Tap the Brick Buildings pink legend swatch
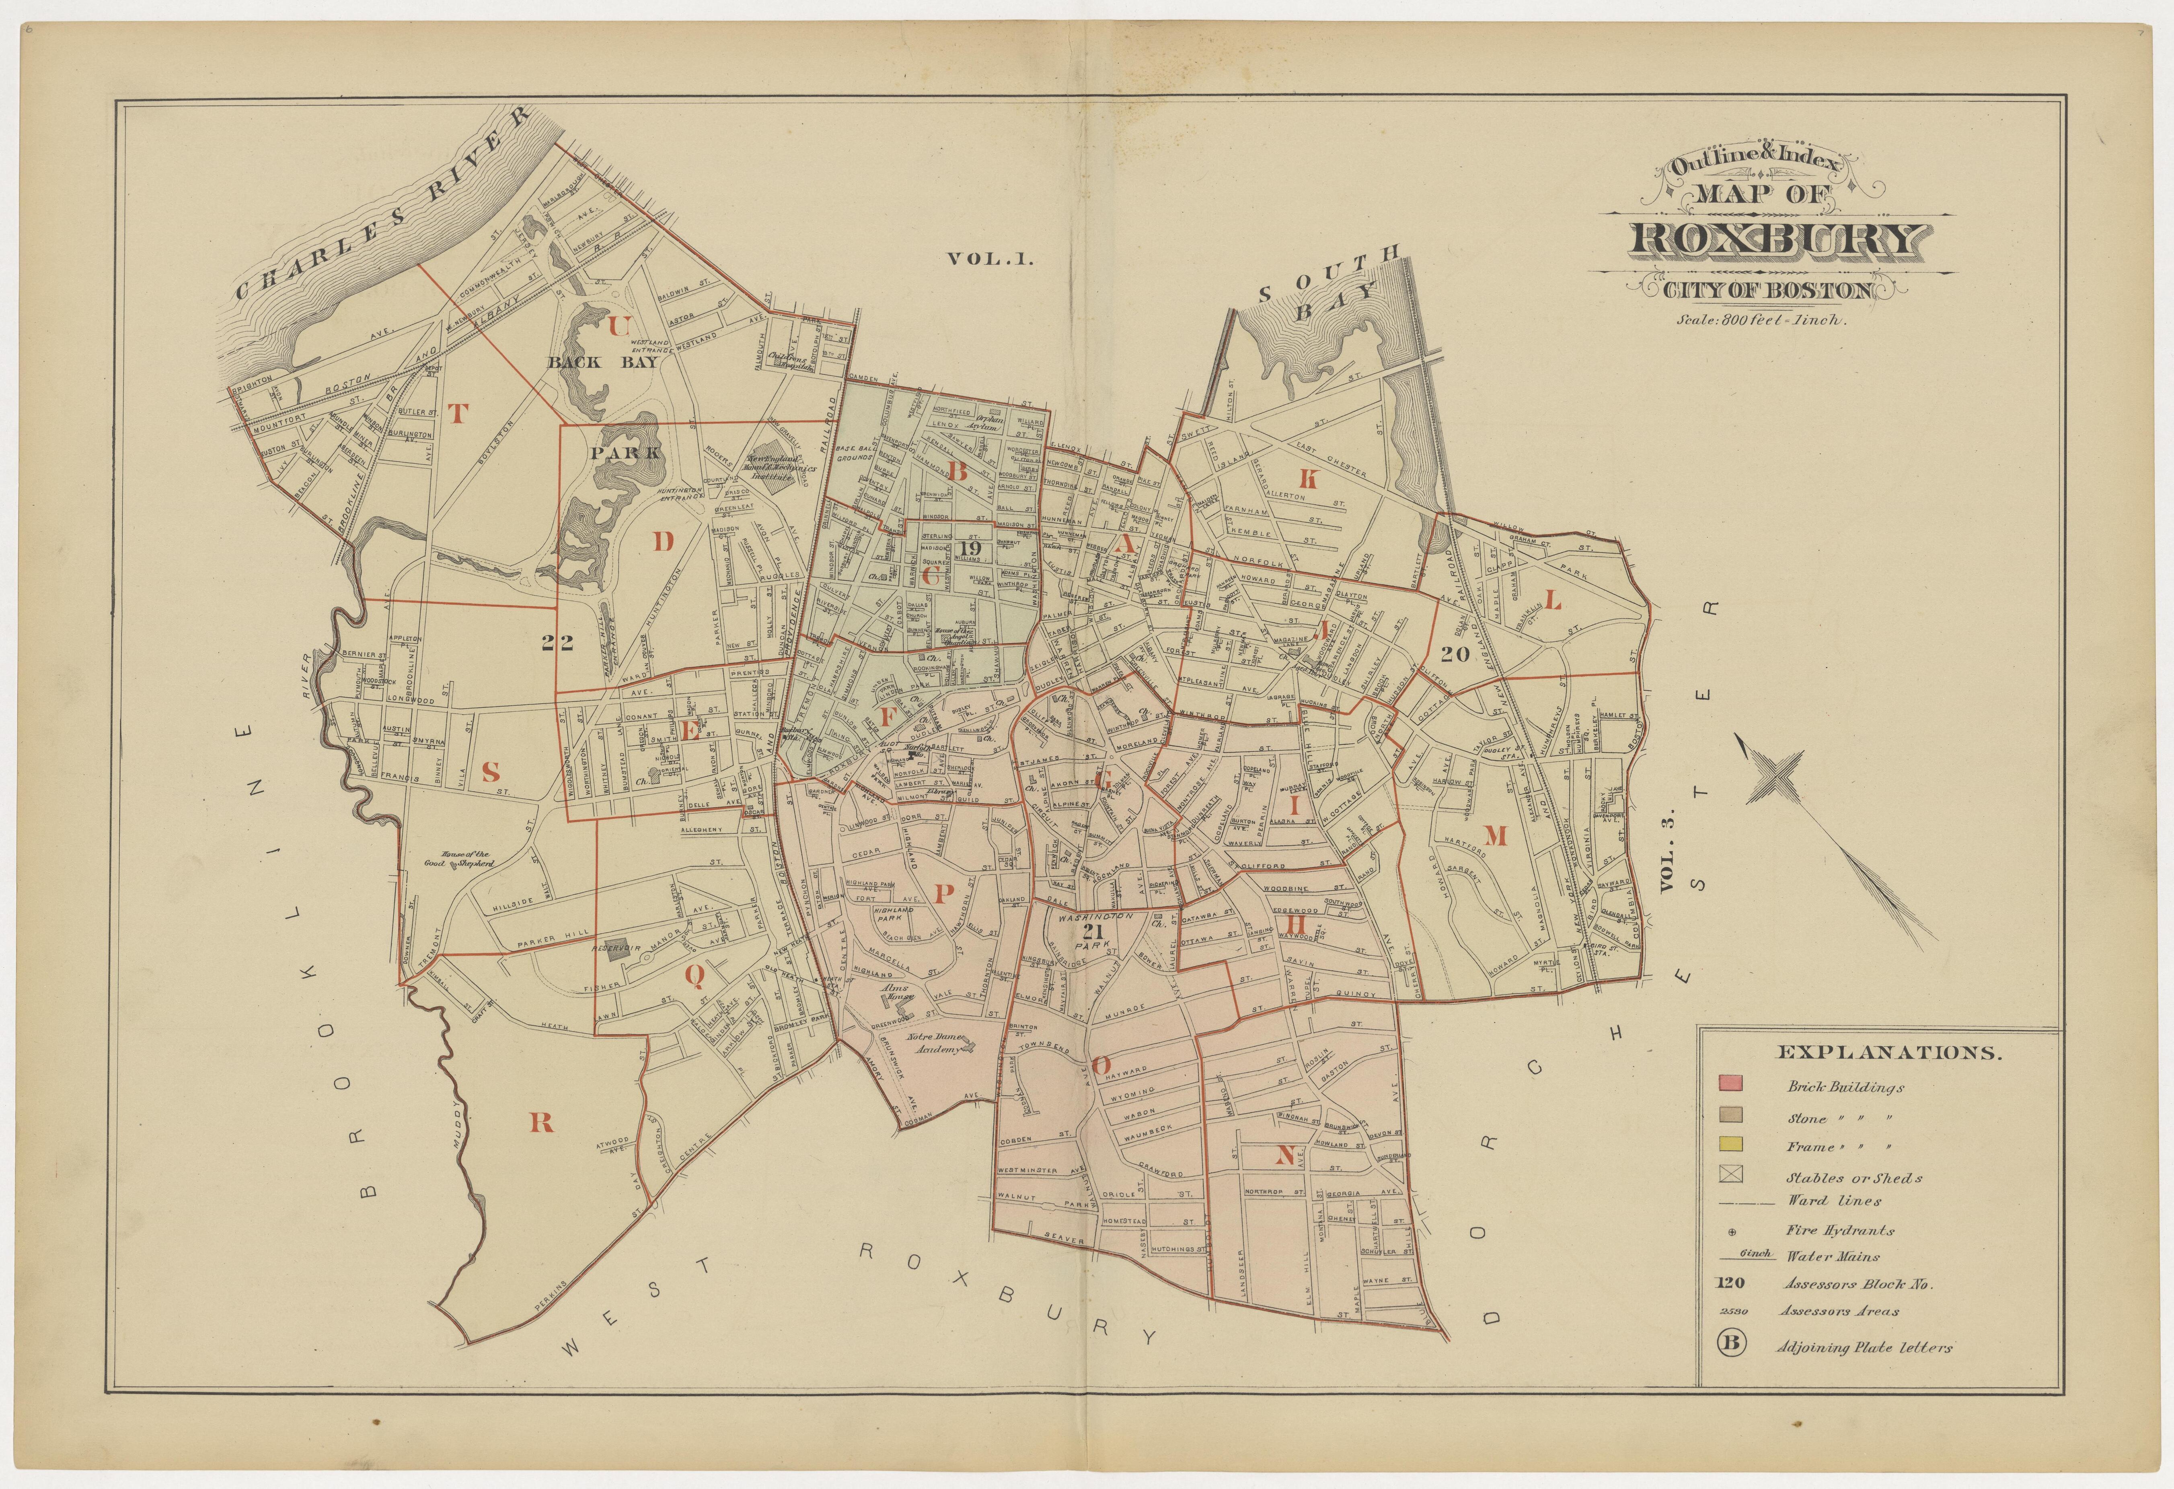pyautogui.click(x=1730, y=1085)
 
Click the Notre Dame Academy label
pyautogui.click(x=935, y=1044)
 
